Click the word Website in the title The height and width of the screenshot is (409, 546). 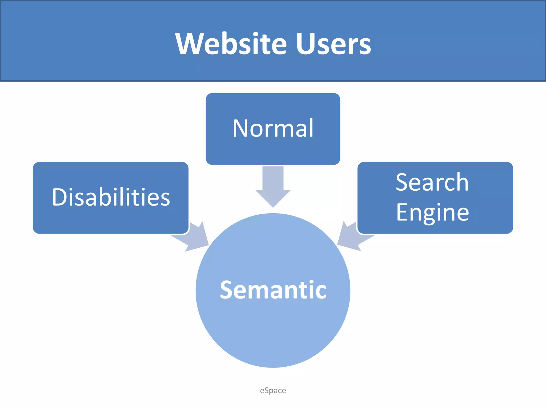click(231, 43)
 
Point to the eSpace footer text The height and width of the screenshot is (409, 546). click(273, 390)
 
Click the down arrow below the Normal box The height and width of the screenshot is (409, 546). click(273, 186)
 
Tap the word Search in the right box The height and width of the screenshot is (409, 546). click(432, 182)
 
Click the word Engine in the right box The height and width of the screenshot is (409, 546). click(432, 212)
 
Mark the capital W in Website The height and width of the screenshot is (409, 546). click(190, 43)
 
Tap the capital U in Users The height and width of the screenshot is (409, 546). click(306, 43)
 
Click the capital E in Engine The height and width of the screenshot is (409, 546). click(402, 212)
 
